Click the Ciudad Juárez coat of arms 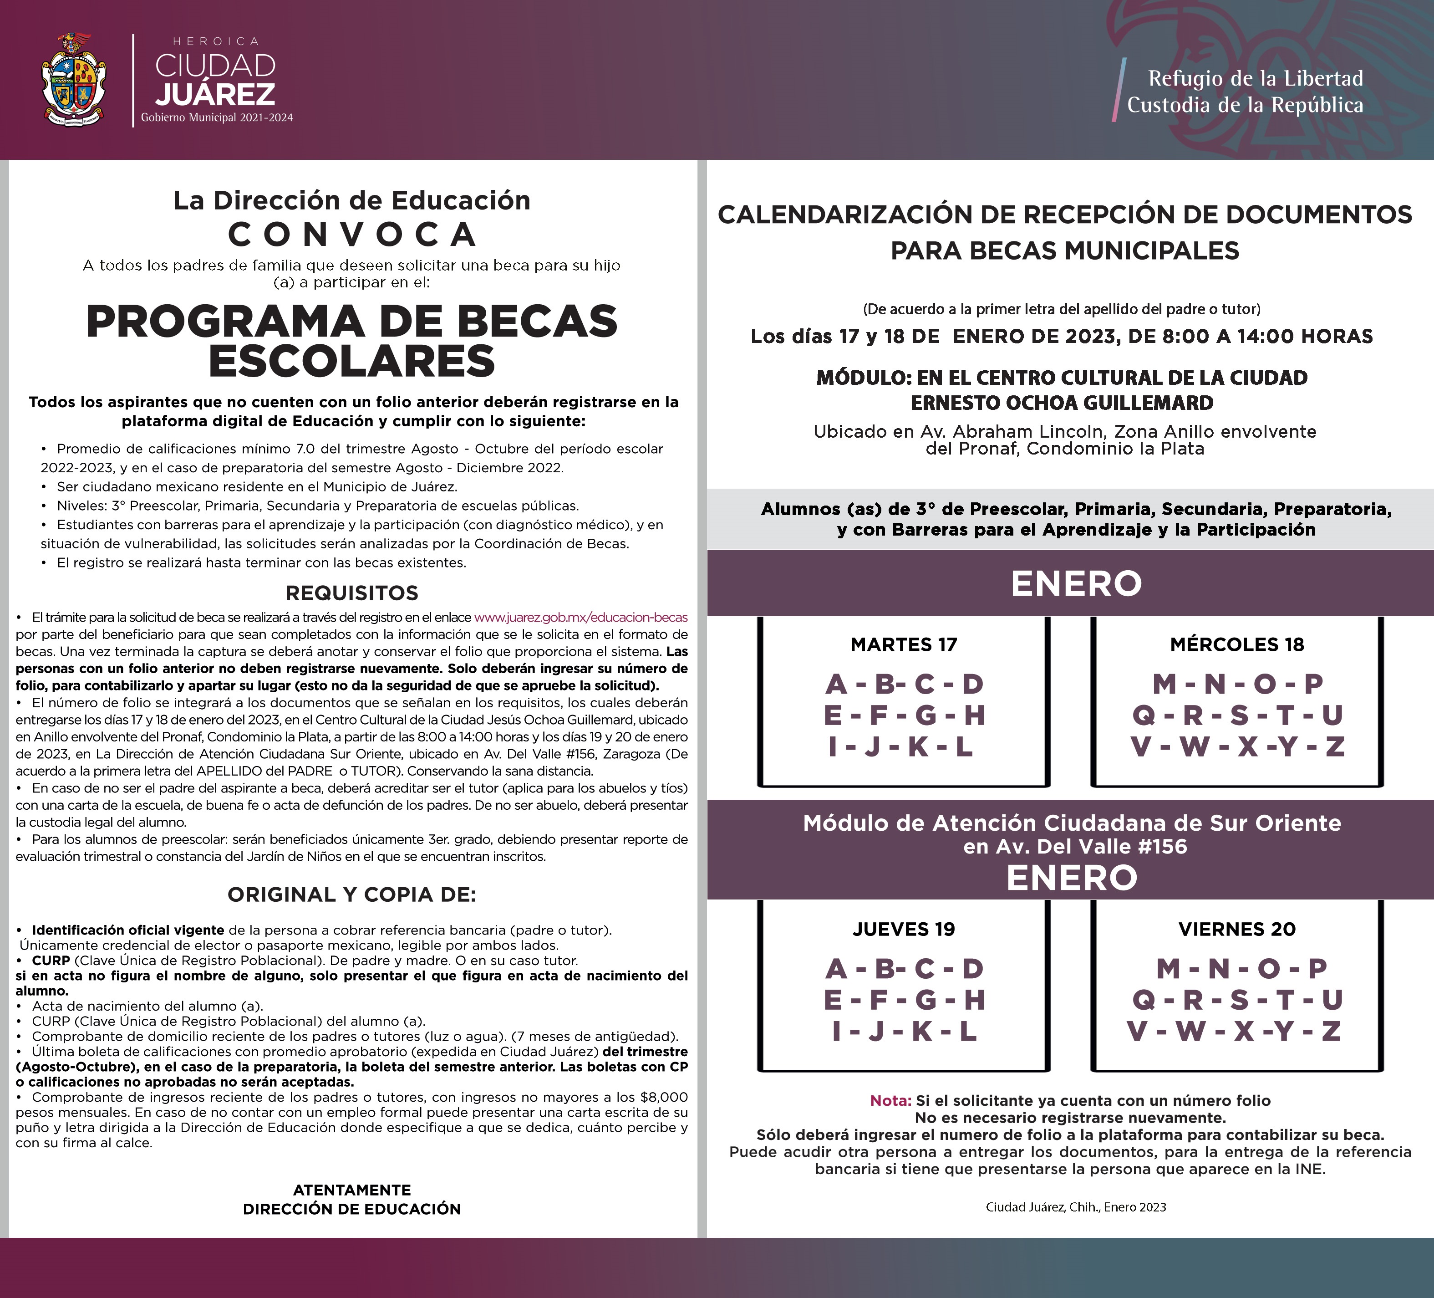coord(74,80)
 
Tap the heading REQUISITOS coord(352,593)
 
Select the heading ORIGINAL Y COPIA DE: coord(352,894)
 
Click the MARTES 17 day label coord(903,645)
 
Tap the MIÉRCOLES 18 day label coord(1237,645)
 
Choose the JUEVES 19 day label coord(903,930)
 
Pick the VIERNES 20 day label coord(1237,930)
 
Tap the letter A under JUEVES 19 coord(837,969)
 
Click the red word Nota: coord(890,1101)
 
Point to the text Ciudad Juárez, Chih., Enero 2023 coord(1075,1207)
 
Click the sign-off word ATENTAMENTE coord(352,1190)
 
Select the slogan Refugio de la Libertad coord(1256,78)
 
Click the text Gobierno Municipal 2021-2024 coord(217,118)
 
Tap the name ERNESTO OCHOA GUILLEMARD coord(1062,403)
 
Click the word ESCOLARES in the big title coord(352,362)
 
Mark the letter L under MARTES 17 coord(964,746)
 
